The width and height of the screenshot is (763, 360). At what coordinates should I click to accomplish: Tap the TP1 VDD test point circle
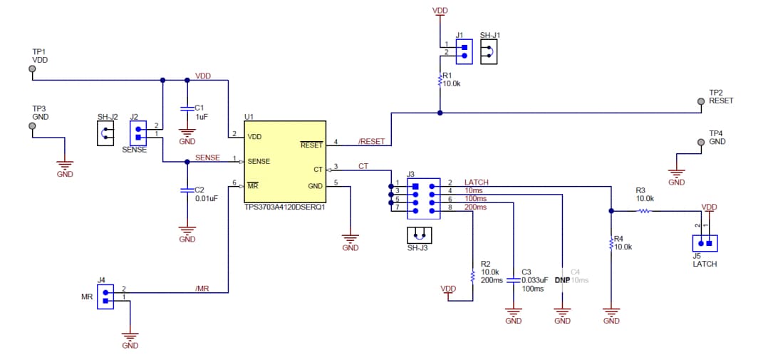(x=32, y=69)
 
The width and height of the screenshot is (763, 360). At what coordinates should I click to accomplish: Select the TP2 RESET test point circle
(x=701, y=101)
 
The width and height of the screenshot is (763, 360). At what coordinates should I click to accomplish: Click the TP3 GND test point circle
(x=32, y=126)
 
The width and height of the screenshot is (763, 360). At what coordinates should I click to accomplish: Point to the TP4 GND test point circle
(x=701, y=143)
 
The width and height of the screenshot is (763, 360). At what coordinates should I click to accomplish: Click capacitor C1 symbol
(x=187, y=108)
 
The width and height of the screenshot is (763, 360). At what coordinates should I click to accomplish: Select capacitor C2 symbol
(x=187, y=190)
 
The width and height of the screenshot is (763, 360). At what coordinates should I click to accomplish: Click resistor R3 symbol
(x=644, y=211)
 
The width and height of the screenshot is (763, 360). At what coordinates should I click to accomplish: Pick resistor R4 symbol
(x=611, y=244)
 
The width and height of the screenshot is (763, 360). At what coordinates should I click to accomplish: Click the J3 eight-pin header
(x=423, y=198)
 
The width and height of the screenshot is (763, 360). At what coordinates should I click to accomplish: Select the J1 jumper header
(x=464, y=51)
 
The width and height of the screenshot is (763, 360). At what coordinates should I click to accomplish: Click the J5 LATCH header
(x=704, y=243)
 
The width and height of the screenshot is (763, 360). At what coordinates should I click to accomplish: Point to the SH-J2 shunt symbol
(x=105, y=133)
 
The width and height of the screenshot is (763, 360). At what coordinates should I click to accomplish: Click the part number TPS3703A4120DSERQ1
(x=284, y=208)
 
